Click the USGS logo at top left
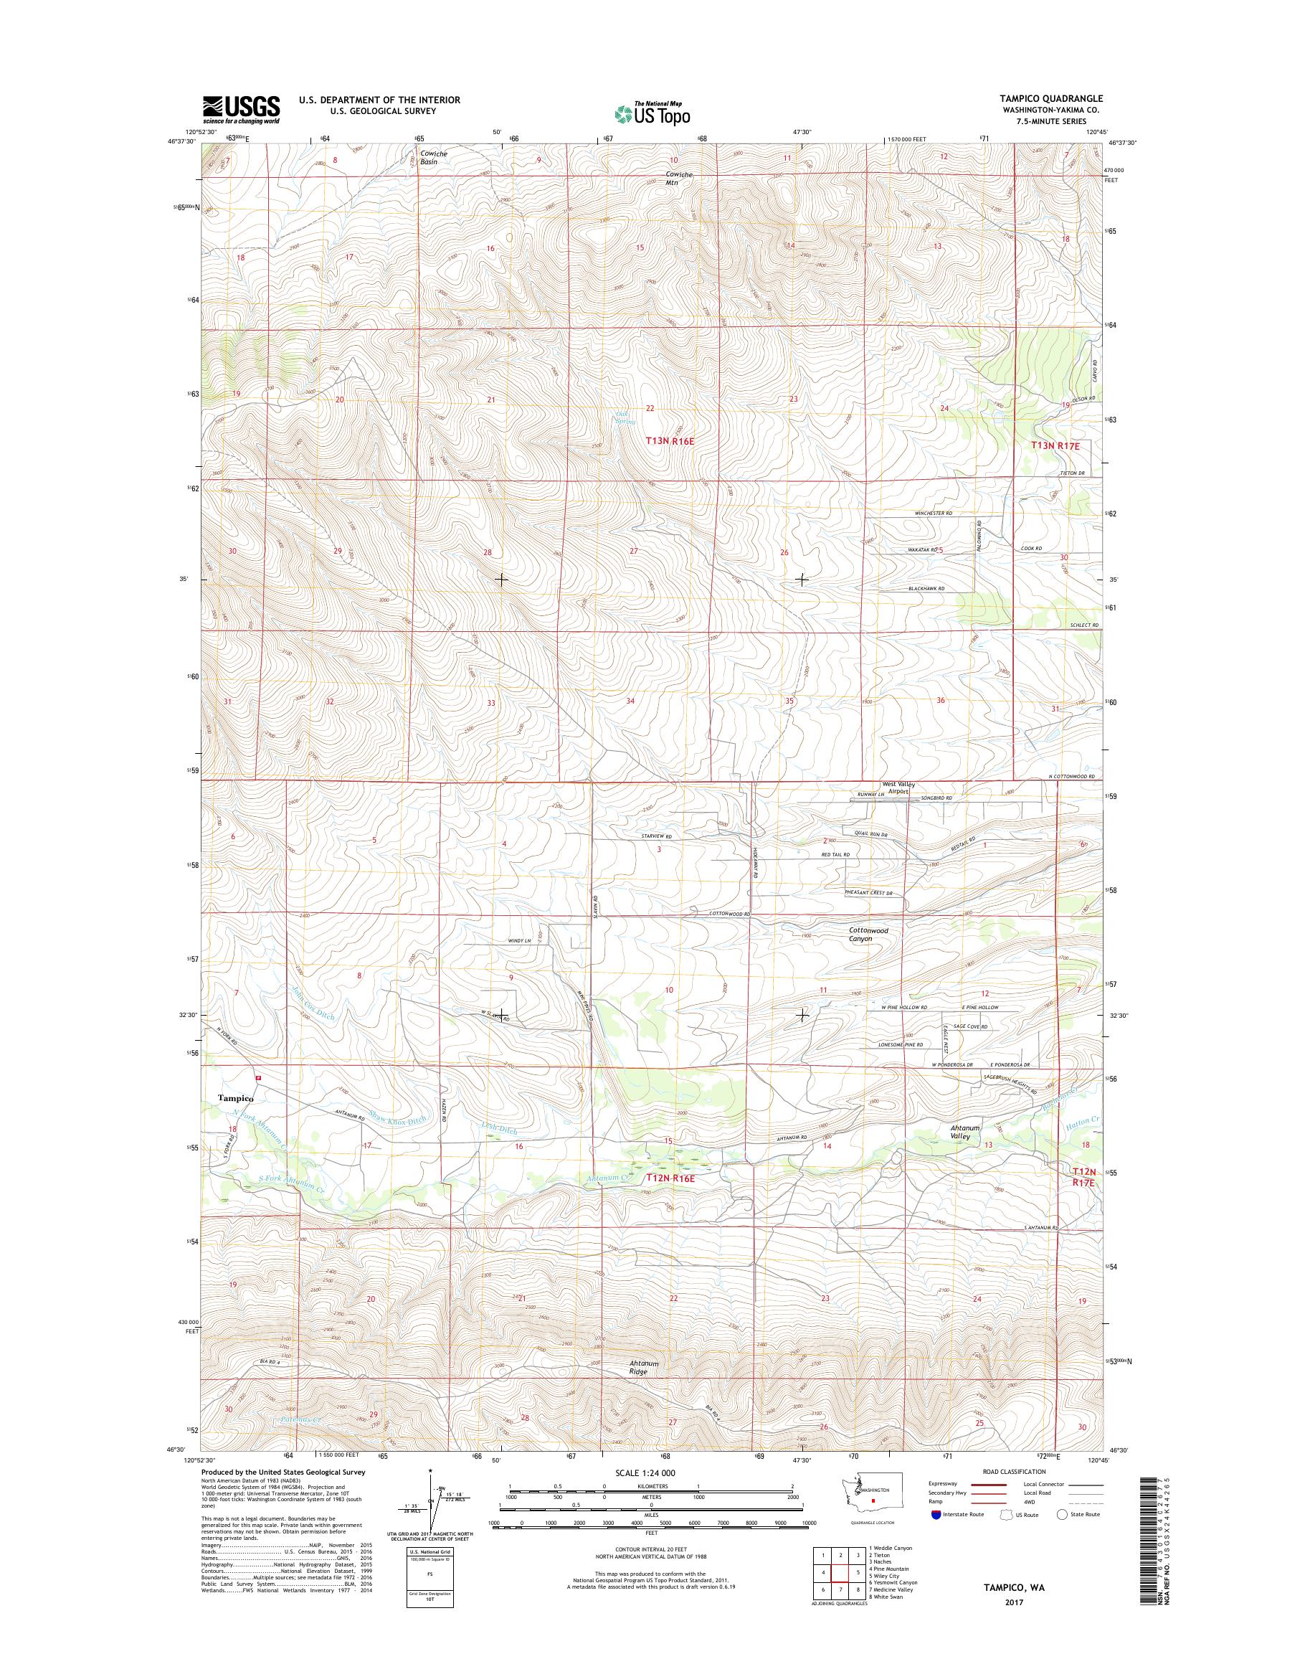pyautogui.click(x=241, y=109)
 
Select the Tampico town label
pyautogui.click(x=235, y=1097)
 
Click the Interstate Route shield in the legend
pyautogui.click(x=936, y=1536)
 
